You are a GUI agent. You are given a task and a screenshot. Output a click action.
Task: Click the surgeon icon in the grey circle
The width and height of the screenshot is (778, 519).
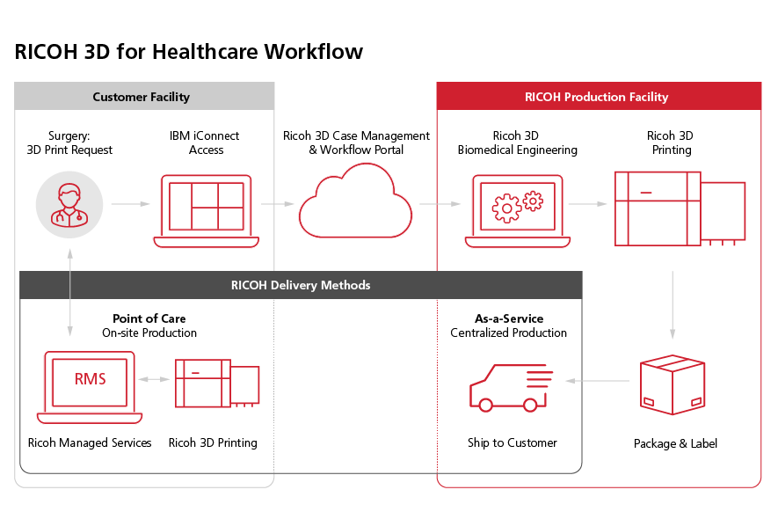point(69,204)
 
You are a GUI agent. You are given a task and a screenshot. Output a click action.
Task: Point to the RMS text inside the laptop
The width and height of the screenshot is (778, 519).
point(90,379)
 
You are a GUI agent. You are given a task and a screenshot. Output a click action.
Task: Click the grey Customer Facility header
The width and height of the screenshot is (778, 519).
point(143,97)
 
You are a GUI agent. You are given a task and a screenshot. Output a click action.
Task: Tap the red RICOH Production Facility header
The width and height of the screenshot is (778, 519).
point(598,97)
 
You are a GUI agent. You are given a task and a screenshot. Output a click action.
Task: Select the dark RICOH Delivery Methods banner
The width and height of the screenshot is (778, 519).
point(301,285)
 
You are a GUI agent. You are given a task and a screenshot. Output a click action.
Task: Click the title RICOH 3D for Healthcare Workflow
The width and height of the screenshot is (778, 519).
point(188,51)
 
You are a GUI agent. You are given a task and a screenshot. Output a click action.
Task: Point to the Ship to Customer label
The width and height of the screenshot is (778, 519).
point(512,442)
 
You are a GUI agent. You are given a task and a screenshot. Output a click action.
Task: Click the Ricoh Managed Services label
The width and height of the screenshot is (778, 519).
point(90,442)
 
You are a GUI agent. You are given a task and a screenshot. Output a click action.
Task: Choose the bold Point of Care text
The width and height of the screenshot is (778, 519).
point(149,318)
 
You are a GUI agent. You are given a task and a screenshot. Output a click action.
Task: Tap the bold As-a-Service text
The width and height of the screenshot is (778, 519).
point(509,318)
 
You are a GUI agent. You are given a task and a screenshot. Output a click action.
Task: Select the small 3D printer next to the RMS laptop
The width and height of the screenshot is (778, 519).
point(217,382)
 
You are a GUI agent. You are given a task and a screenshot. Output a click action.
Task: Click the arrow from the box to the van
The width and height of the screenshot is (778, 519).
point(598,381)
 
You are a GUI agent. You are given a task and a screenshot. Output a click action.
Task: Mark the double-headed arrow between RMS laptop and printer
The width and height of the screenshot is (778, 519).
point(154,379)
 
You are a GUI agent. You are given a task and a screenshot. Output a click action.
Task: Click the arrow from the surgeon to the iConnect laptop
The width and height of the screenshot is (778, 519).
point(131,204)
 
